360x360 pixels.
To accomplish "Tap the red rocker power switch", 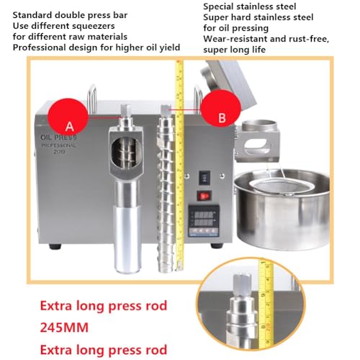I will click(x=204, y=194).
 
